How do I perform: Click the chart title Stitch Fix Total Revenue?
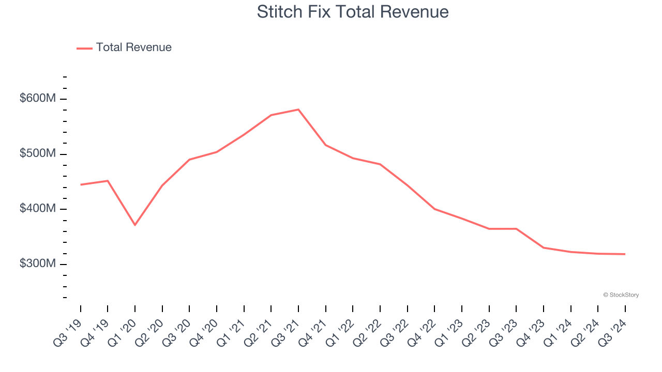(353, 12)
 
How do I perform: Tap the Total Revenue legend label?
(133, 48)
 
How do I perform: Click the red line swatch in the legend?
(84, 48)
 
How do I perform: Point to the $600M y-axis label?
(37, 98)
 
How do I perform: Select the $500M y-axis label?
(37, 153)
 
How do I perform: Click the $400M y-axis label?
(37, 208)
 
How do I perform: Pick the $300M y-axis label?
(37, 263)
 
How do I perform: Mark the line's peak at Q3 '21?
(298, 110)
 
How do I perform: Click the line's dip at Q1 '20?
(135, 225)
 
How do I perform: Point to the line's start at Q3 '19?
(81, 184)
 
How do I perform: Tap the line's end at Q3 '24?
(625, 254)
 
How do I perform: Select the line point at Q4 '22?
(434, 209)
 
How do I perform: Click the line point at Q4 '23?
(544, 247)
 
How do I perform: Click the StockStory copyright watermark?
(621, 295)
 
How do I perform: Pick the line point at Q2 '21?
(271, 115)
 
